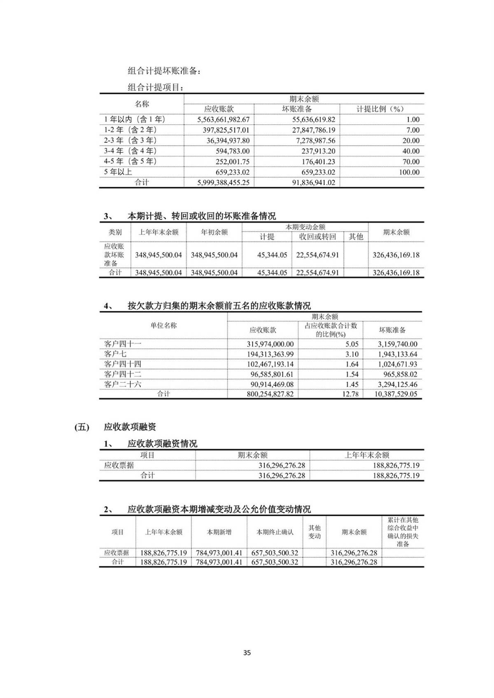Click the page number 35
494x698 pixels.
pyautogui.click(x=247, y=653)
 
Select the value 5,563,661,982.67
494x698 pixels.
pyautogui.click(x=224, y=120)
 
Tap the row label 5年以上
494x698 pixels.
pyautogui.click(x=118, y=172)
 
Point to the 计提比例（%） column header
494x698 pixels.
pyautogui.click(x=380, y=109)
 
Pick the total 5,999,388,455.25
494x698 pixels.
pyautogui.click(x=224, y=183)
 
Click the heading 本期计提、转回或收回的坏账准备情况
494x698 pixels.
pyautogui.click(x=202, y=216)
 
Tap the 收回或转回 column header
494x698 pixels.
pyautogui.click(x=317, y=237)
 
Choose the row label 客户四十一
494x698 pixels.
pyautogui.click(x=123, y=344)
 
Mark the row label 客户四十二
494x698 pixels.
pyautogui.click(x=123, y=374)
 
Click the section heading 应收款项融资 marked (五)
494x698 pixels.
pyautogui.click(x=130, y=427)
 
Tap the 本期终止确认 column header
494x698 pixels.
pyautogui.click(x=275, y=532)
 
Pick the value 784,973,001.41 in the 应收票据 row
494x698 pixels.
pyautogui.click(x=219, y=553)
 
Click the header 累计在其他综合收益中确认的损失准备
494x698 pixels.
pyautogui.click(x=403, y=532)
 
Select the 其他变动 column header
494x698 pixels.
pyautogui.click(x=315, y=532)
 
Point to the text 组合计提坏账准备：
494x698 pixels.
pyautogui.click(x=164, y=71)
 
